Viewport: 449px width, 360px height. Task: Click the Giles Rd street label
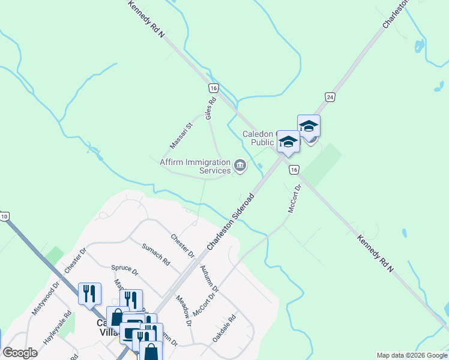[x=211, y=109]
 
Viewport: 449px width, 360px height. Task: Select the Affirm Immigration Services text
[x=195, y=166]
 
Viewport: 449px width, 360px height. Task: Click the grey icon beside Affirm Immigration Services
[x=240, y=166]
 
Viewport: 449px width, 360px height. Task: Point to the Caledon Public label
[x=258, y=139]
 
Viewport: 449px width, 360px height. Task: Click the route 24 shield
[x=330, y=97]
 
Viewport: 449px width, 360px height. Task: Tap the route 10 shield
[x=4, y=216]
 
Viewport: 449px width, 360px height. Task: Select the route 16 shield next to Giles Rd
[x=214, y=88]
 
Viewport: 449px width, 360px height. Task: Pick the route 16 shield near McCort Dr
[x=293, y=170]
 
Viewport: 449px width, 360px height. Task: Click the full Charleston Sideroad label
[x=231, y=223]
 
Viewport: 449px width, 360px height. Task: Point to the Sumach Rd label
[x=156, y=254]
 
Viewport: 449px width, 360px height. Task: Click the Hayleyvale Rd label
[x=58, y=326]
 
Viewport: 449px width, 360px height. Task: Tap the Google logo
[x=20, y=353]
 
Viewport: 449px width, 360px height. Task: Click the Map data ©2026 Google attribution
[x=412, y=355]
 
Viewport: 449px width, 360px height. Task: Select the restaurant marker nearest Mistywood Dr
[x=89, y=293]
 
